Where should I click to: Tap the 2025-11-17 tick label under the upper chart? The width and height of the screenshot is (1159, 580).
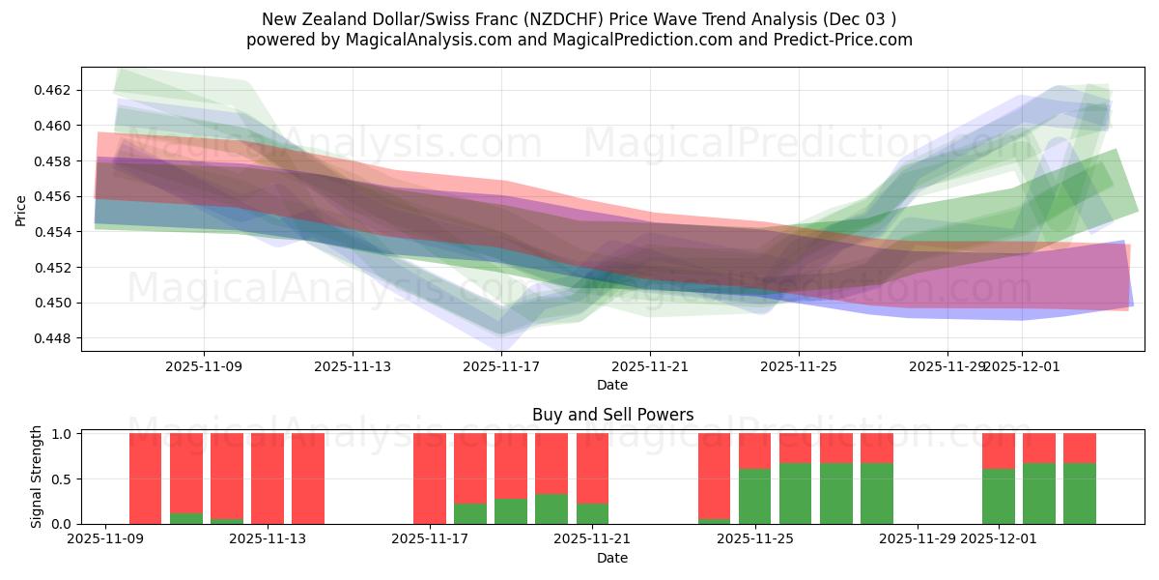[501, 366]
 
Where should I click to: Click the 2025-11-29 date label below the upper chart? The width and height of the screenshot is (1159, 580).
[947, 366]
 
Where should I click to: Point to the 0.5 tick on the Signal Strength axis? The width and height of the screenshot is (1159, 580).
[63, 478]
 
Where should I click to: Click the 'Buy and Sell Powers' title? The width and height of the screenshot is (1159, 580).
[612, 415]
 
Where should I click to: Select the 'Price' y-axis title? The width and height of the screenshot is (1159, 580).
[21, 210]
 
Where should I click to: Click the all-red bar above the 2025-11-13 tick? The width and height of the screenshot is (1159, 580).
[268, 478]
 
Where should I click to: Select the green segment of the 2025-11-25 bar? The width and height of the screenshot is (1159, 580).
[755, 496]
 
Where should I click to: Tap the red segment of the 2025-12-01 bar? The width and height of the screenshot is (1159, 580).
[999, 450]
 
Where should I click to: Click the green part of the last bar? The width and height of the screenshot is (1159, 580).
[1080, 493]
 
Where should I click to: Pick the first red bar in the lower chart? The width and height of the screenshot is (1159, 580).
[145, 478]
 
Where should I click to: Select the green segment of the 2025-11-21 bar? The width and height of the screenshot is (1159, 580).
[592, 513]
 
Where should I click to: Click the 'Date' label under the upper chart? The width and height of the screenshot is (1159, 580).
[612, 385]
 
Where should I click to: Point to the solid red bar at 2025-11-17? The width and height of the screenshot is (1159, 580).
[430, 478]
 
